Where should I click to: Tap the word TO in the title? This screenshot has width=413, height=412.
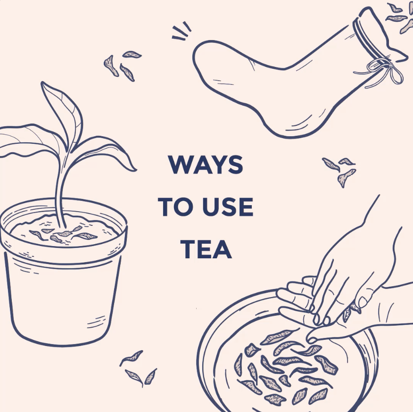pyautogui.click(x=175, y=207)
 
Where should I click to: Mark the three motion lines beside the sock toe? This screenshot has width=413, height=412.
pyautogui.click(x=182, y=32)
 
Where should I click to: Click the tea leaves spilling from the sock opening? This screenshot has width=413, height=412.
pyautogui.click(x=399, y=16)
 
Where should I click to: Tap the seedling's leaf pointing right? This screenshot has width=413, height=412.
pyautogui.click(x=106, y=153)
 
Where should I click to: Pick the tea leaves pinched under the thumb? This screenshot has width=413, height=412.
pyautogui.click(x=351, y=312)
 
